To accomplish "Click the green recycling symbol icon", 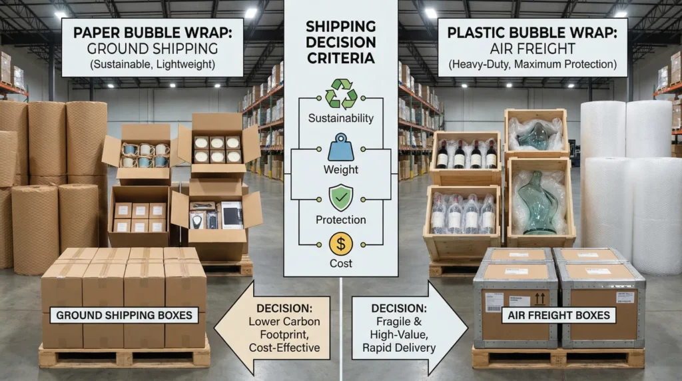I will coord(340,94).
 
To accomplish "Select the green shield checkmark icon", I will coord(340,196).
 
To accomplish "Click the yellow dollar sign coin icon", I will coord(340,244).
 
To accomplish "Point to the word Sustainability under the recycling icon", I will coord(340,119).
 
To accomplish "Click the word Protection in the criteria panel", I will coord(340,220).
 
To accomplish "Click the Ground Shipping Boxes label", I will coord(125,315).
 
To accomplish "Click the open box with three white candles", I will coord(216,147).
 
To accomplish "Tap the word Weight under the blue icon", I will coord(340,170).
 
